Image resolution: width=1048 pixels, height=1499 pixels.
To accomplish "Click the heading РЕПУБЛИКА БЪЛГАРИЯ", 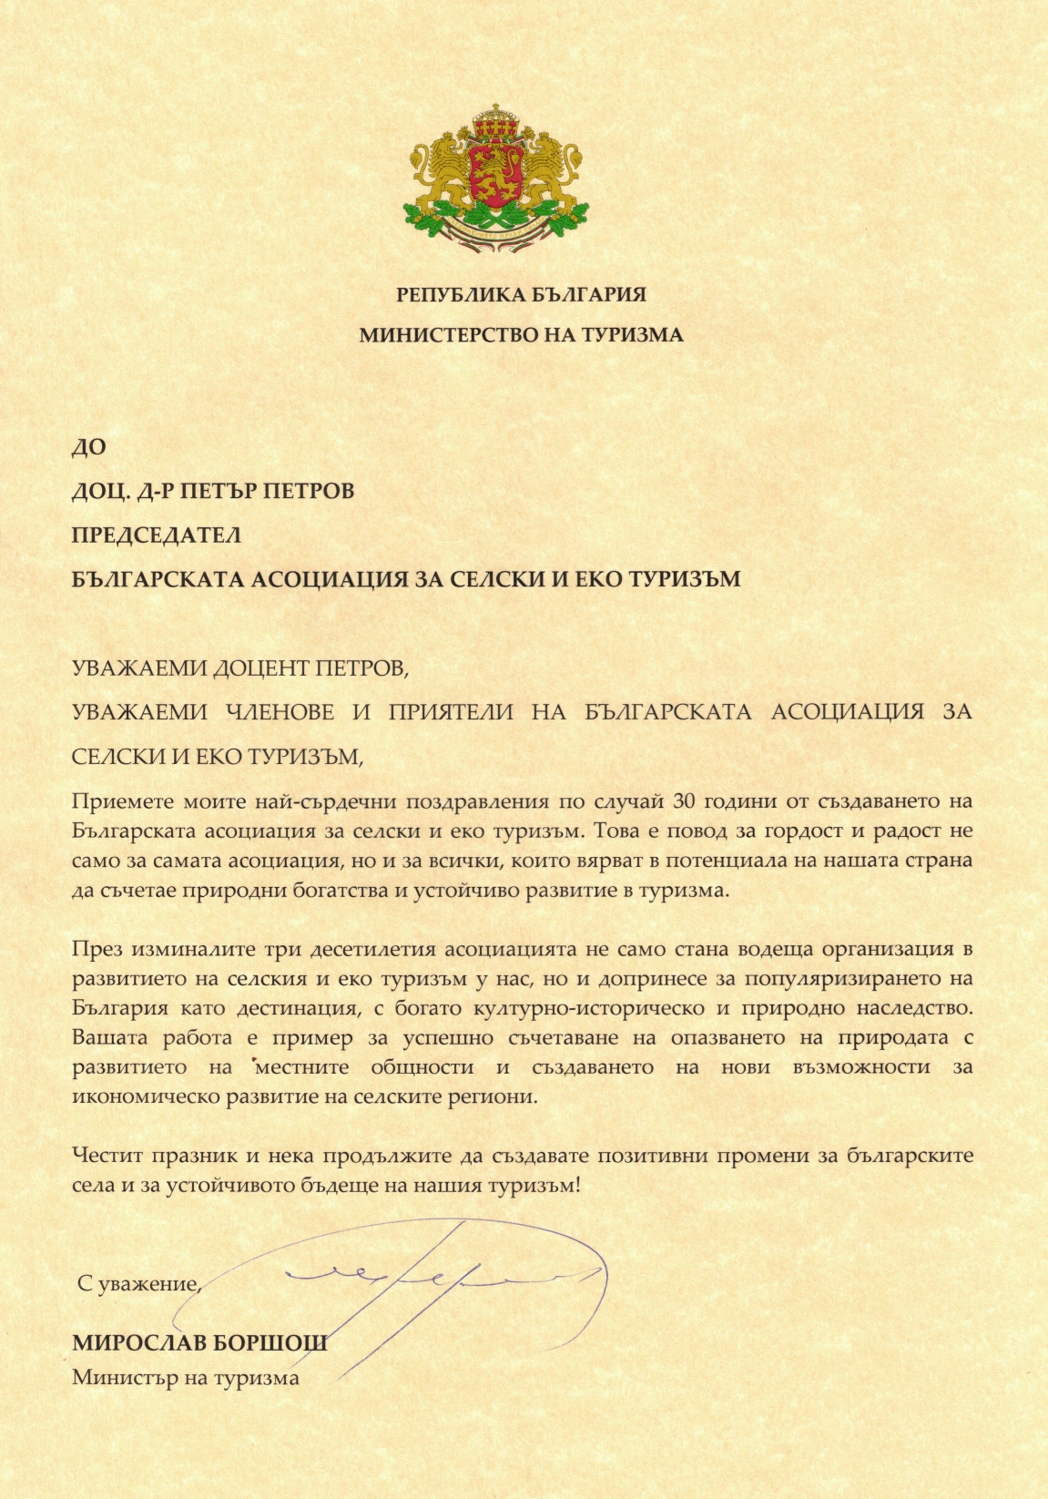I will (x=521, y=294).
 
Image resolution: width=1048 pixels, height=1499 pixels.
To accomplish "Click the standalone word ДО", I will (x=88, y=447).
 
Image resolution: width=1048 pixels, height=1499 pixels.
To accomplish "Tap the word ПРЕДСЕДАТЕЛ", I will (x=156, y=535).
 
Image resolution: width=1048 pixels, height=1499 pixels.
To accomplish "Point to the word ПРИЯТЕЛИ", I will (x=450, y=712).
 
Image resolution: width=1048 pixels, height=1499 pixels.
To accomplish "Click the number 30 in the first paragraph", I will (x=683, y=801).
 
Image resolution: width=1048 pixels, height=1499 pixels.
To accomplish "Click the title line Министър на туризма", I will (x=186, y=1377).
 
